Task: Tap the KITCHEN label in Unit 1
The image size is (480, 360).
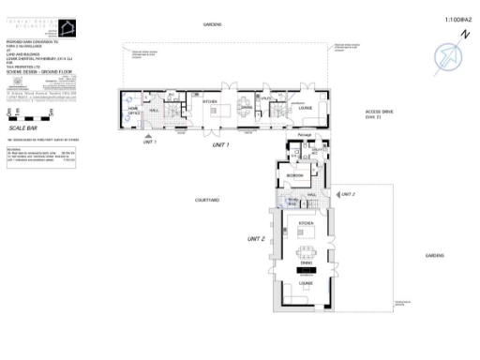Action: pos(212,100)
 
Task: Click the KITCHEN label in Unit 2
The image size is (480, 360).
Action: pos(306,222)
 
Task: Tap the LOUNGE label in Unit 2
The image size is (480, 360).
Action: pos(306,282)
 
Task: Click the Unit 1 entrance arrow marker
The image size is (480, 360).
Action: pos(147,137)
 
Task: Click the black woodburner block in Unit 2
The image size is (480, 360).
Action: pos(307,273)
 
